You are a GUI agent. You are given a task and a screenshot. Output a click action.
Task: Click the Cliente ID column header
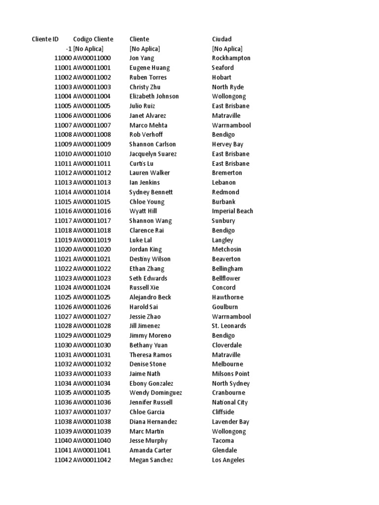pyautogui.click(x=45, y=39)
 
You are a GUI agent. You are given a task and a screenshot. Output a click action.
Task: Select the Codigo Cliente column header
pyautogui.click(x=93, y=39)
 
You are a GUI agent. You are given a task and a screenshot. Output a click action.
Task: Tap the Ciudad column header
pyautogui.click(x=222, y=39)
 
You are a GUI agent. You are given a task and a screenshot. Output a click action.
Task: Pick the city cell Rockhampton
pyautogui.click(x=231, y=58)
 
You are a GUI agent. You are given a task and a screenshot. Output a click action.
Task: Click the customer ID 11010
pyautogui.click(x=63, y=154)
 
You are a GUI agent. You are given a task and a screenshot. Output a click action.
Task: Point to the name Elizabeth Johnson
pyautogui.click(x=154, y=96)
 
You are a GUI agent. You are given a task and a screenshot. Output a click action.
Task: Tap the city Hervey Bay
pyautogui.click(x=227, y=144)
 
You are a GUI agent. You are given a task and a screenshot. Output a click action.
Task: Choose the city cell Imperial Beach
pyautogui.click(x=232, y=211)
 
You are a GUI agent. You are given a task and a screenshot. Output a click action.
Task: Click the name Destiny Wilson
pyautogui.click(x=150, y=259)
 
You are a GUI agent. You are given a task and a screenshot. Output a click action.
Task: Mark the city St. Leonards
pyautogui.click(x=229, y=326)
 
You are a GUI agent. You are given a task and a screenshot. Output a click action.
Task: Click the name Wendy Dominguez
pyautogui.click(x=155, y=393)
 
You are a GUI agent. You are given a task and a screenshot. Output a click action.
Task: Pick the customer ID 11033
pyautogui.click(x=63, y=374)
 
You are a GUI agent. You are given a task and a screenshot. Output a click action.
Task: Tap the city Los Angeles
pyautogui.click(x=228, y=460)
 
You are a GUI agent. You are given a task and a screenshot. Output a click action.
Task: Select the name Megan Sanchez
pyautogui.click(x=151, y=460)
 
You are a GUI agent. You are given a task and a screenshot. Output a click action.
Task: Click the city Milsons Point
pyautogui.click(x=231, y=374)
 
